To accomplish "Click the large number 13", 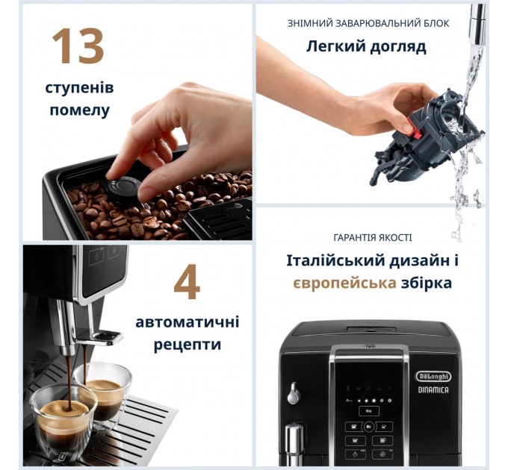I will [77, 46].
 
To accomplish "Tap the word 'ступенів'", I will [80, 88].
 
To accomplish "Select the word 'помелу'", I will [80, 110].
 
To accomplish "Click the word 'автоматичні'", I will [188, 322].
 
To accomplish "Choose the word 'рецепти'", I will [188, 345].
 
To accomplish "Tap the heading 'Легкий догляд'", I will [366, 47].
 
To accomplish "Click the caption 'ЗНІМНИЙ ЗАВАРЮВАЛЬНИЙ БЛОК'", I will [368, 23].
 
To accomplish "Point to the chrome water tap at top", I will [477, 22].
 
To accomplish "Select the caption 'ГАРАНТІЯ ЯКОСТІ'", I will [372, 237].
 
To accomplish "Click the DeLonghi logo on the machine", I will [433, 377].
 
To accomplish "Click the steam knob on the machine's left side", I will [294, 392].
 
